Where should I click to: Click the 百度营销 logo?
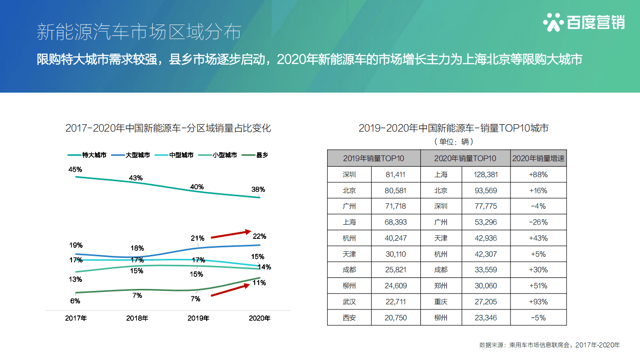point(583,23)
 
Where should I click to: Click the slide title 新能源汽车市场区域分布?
point(139,32)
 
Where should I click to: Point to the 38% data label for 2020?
point(258,190)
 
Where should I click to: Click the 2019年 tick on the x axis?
point(198,318)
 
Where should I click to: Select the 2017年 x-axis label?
point(76,318)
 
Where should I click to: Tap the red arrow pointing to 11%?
point(231,290)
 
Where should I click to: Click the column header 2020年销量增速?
point(538,158)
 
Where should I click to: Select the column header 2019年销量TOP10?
point(374,158)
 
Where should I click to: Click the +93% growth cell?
point(538,302)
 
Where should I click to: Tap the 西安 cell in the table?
point(349,318)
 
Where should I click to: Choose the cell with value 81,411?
point(396,174)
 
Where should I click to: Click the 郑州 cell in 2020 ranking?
point(441,286)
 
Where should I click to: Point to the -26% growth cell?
point(538,222)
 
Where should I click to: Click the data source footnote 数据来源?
point(549,345)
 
